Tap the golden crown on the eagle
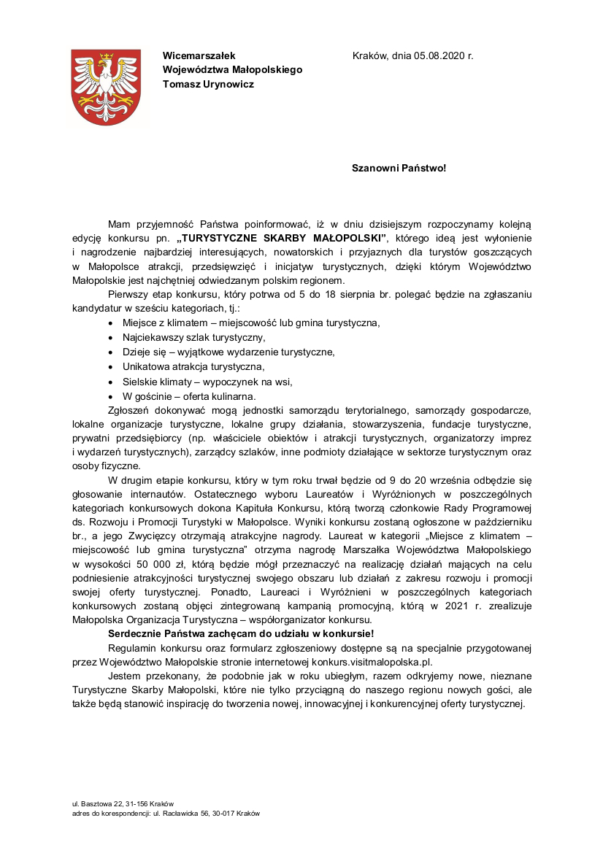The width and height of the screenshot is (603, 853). [107, 55]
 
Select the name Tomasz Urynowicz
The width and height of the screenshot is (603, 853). [209, 84]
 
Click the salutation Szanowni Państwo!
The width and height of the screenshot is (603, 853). [399, 168]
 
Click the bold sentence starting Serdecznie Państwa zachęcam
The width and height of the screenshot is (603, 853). [240, 633]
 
